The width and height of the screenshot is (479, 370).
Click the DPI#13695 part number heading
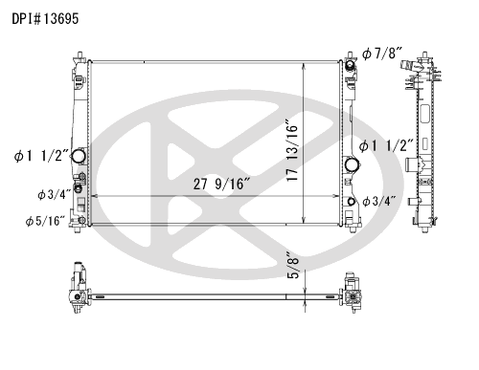click(45, 19)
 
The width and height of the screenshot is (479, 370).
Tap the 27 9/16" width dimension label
click(221, 185)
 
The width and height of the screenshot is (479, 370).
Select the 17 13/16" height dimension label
click(292, 150)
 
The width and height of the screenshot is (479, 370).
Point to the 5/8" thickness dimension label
click(293, 265)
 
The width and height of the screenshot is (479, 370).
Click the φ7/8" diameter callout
click(381, 54)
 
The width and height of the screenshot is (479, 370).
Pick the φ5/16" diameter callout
click(45, 221)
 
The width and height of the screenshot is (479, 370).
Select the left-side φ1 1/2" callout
click(41, 156)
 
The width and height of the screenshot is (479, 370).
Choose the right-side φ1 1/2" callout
click(386, 146)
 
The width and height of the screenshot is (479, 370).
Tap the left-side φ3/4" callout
click(54, 194)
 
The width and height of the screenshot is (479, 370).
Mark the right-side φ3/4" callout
click(379, 201)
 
